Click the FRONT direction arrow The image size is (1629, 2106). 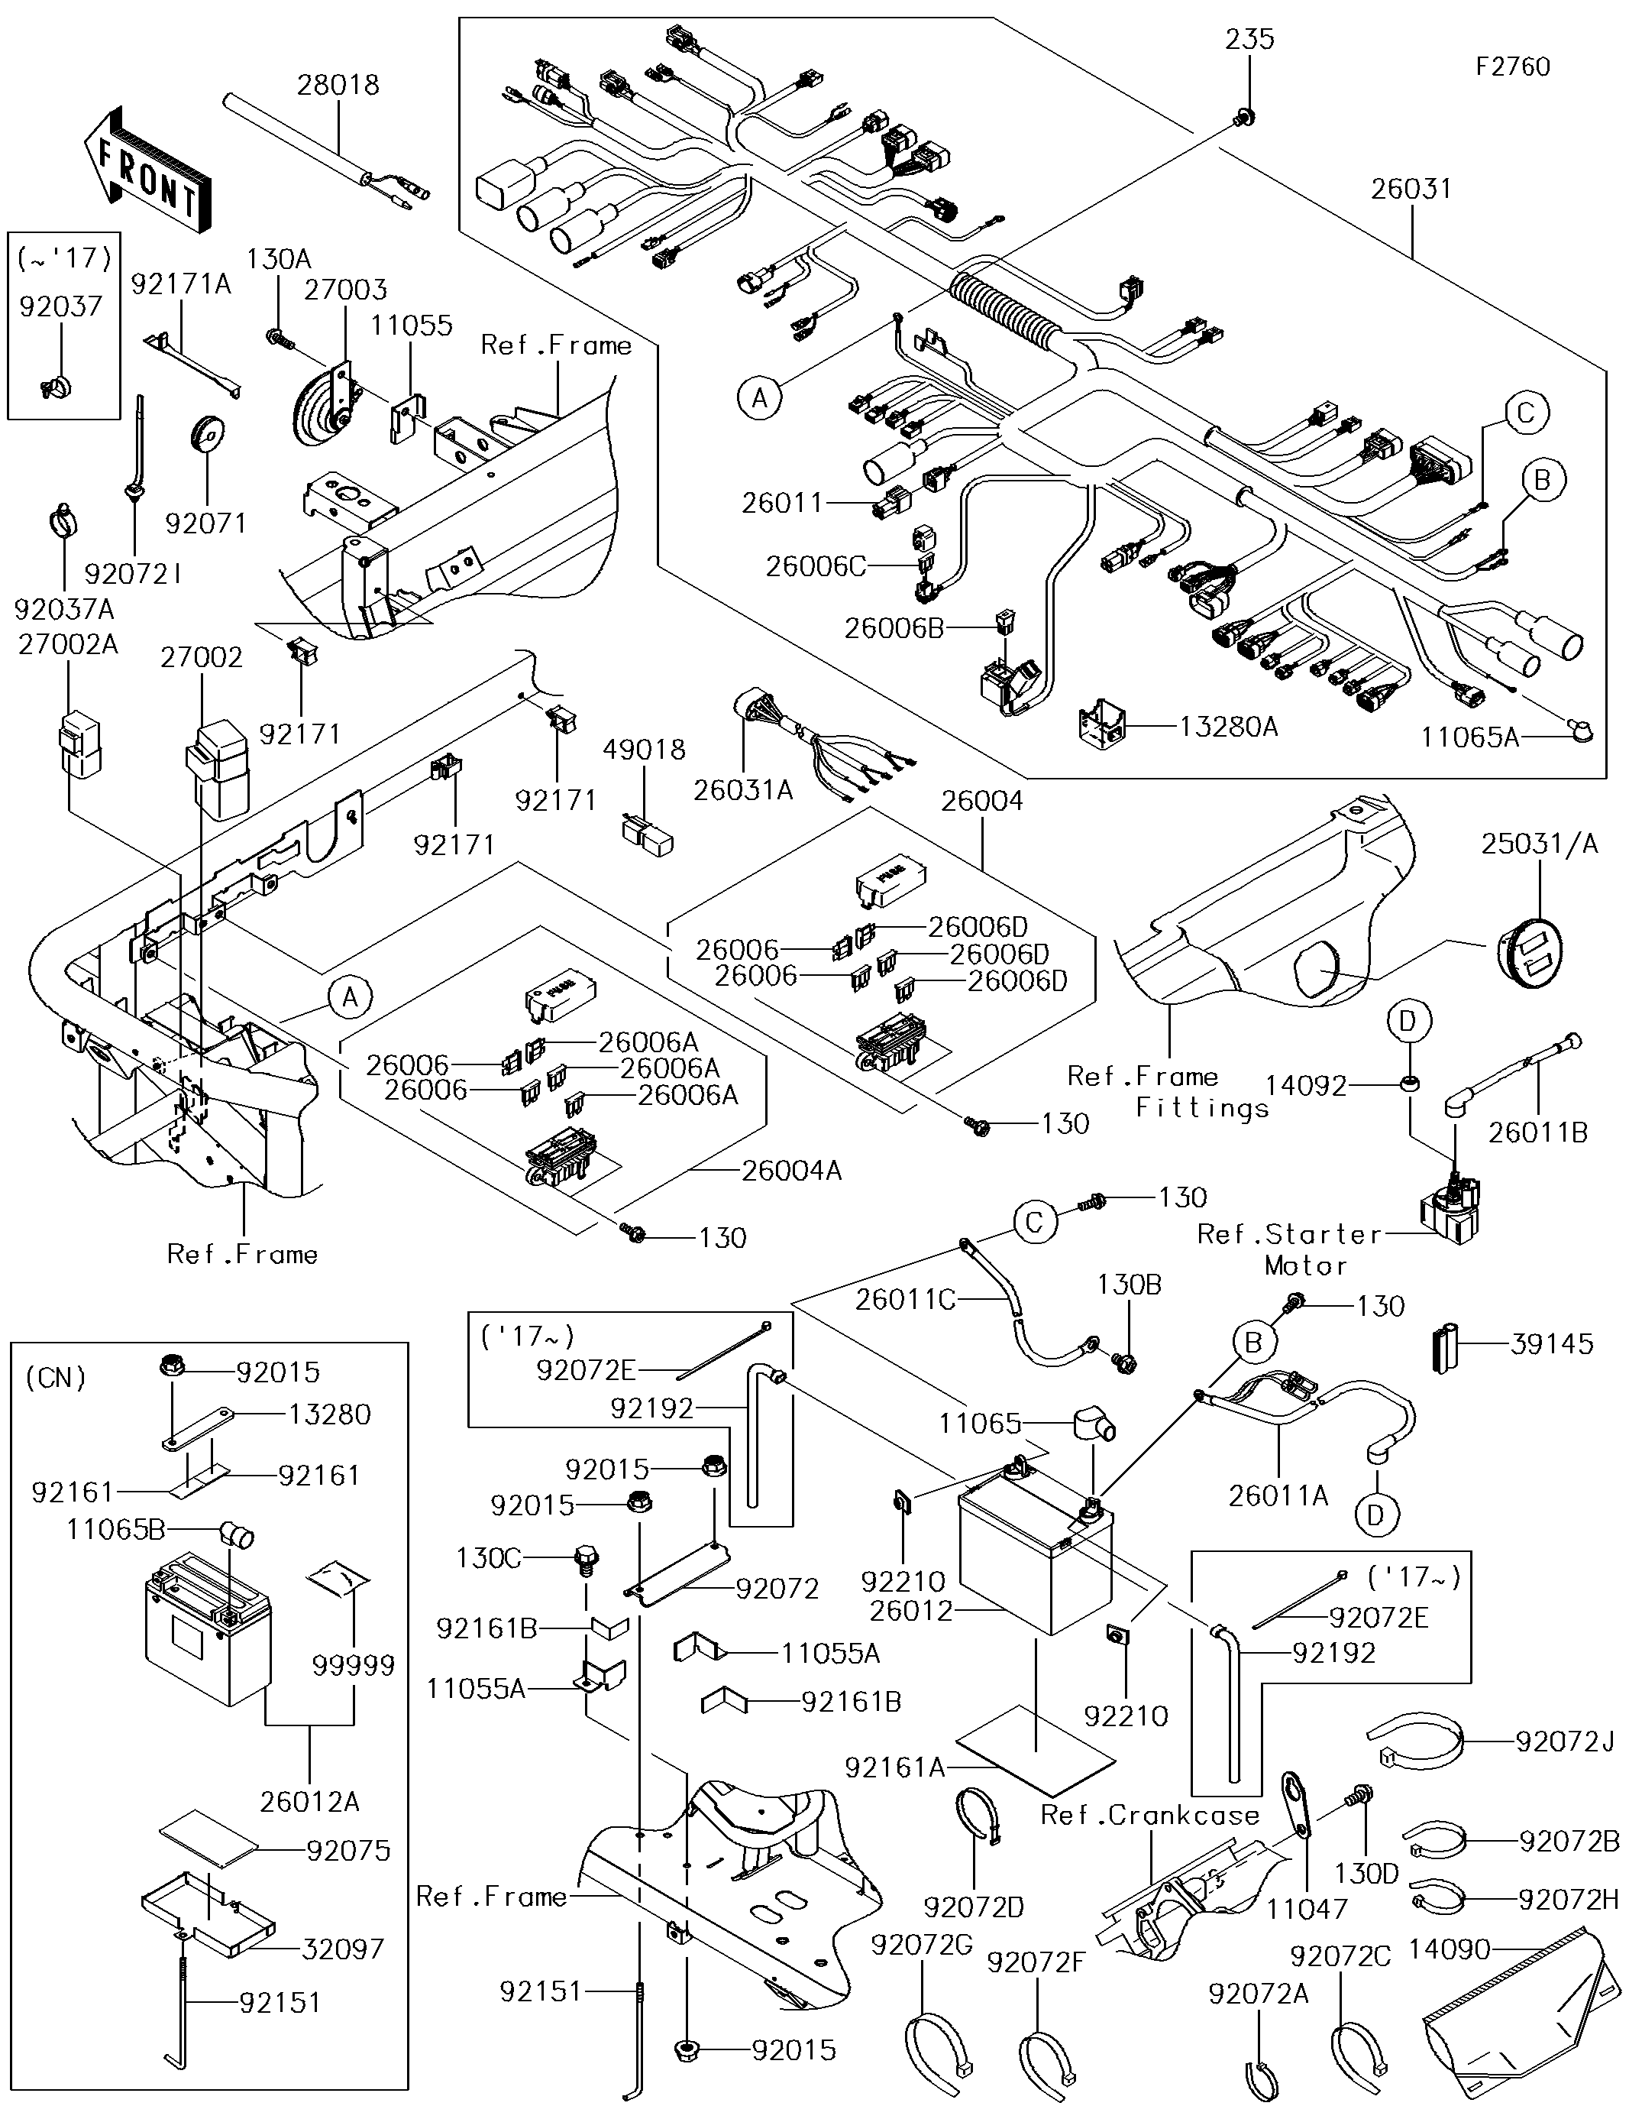(x=144, y=170)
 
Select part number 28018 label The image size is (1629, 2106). (x=338, y=85)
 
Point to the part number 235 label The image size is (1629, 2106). (x=1250, y=40)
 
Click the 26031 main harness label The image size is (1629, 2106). (x=1411, y=189)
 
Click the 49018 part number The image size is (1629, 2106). (x=644, y=749)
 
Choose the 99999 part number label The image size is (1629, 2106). (x=354, y=1665)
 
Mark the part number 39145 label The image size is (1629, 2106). (x=1552, y=1344)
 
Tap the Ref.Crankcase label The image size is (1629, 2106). (x=1150, y=1816)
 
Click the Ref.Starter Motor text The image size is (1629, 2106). (x=1290, y=1249)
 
